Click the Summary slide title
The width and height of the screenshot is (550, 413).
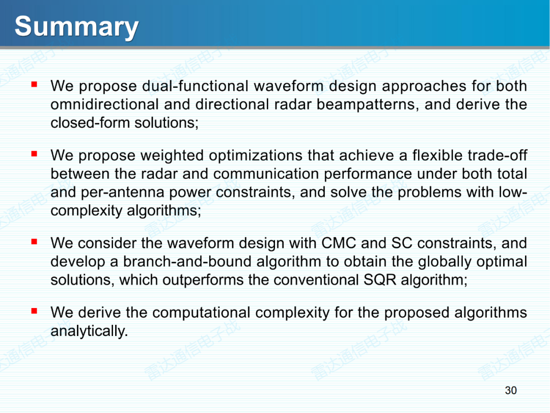tap(76, 27)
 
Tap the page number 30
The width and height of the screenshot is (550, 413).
tap(511, 390)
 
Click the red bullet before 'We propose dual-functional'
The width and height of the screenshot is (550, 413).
tap(34, 84)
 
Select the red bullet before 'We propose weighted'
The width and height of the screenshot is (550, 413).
tap(34, 153)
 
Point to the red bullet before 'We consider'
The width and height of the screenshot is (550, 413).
tap(34, 241)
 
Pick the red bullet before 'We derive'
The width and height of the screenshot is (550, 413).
tap(34, 311)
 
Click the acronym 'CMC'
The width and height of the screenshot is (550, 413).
tap(339, 243)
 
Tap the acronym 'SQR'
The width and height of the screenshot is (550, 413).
tap(380, 280)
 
